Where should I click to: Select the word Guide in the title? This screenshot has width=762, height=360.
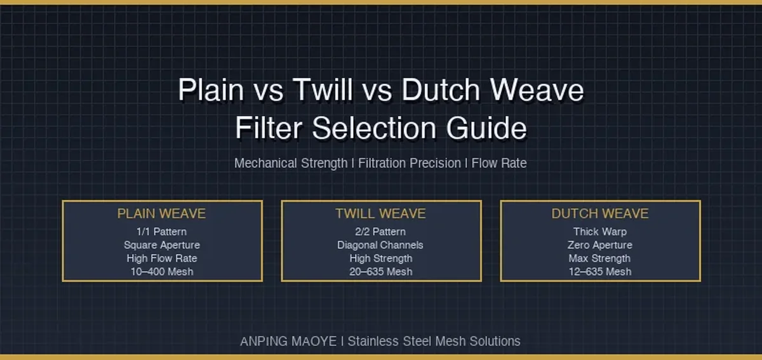[x=486, y=128]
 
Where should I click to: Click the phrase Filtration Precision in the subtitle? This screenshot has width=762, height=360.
[x=409, y=163]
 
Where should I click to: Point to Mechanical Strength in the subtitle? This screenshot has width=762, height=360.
[x=291, y=163]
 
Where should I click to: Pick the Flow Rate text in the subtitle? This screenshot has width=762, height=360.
[x=499, y=163]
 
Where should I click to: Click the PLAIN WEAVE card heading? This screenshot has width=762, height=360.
[x=161, y=214]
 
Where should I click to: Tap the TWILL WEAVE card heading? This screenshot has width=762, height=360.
[x=380, y=214]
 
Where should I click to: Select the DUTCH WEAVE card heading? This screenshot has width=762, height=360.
[x=600, y=214]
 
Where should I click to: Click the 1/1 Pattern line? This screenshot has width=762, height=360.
[x=161, y=232]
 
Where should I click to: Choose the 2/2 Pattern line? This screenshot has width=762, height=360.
[x=380, y=232]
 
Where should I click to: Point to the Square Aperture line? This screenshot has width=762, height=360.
[x=162, y=245]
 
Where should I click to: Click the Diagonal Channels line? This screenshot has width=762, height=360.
[x=380, y=245]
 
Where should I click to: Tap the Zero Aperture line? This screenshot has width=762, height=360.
[x=600, y=245]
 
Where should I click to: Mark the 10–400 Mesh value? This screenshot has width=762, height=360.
[x=162, y=272]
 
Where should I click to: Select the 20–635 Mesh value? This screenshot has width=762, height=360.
[x=380, y=272]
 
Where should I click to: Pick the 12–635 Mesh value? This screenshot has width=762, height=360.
[x=600, y=272]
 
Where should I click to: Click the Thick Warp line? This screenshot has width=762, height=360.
[x=600, y=232]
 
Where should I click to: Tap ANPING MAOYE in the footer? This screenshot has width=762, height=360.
[x=288, y=342]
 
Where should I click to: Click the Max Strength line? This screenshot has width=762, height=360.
[x=599, y=258]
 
